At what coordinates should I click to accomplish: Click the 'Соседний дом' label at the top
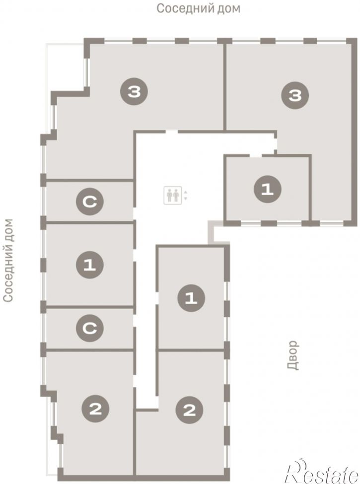tap(198, 8)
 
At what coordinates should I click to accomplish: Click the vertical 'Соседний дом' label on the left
tap(8, 260)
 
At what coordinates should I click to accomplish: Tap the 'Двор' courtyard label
tap(292, 355)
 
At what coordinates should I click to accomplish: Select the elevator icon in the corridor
tap(173, 195)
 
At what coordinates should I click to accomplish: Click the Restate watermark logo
tap(323, 472)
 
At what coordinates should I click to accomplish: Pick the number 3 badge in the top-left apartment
tap(134, 92)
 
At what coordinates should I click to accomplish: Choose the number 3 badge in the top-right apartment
tap(295, 95)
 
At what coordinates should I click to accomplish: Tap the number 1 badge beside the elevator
tap(267, 189)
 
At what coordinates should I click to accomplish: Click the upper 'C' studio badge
tap(90, 202)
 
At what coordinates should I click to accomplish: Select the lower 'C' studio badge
tap(90, 328)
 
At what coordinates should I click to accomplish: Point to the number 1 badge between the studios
tap(90, 265)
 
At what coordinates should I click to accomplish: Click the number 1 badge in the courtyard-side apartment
tap(191, 298)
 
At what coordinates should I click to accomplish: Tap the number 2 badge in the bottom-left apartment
tap(95, 410)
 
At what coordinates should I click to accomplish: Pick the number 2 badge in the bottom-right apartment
tap(189, 410)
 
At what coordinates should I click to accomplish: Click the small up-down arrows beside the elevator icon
tap(185, 195)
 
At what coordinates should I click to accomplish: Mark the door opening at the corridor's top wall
tap(172, 132)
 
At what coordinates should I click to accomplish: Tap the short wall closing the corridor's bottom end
tap(147, 410)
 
